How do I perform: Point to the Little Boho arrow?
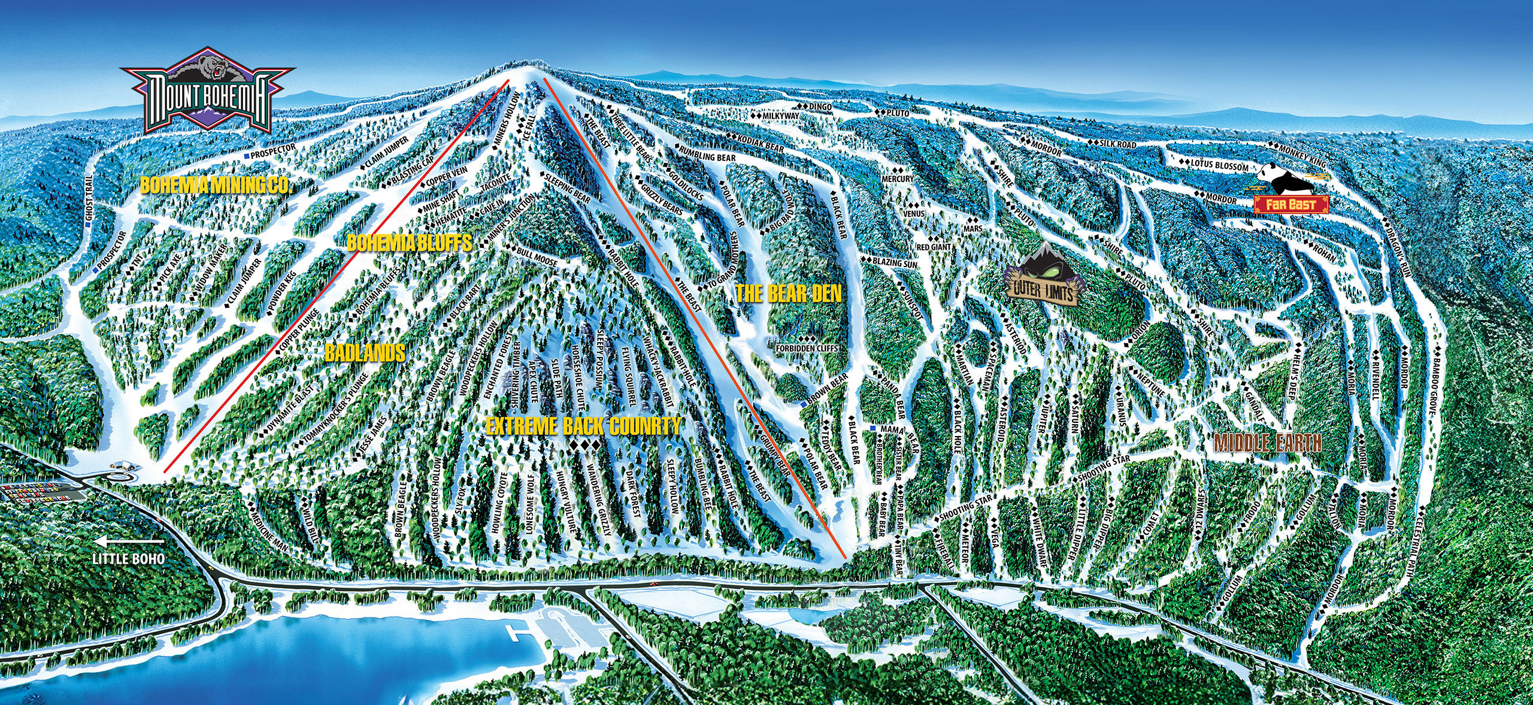pos(127,543)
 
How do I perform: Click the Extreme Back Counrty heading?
pos(583,426)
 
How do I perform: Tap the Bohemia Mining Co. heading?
pos(215,185)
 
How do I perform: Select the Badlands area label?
pos(365,353)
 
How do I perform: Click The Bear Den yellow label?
pos(788,293)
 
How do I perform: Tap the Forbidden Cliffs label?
pos(806,348)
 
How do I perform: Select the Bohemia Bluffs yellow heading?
pos(409,243)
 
